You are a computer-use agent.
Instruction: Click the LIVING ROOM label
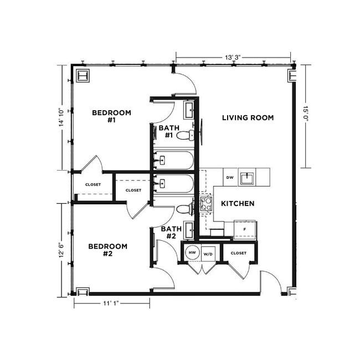pyautogui.click(x=248, y=117)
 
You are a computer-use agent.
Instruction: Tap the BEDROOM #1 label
pyautogui.click(x=111, y=117)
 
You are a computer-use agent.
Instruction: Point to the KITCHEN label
pyautogui.click(x=238, y=204)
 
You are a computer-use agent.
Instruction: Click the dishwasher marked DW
pyautogui.click(x=229, y=178)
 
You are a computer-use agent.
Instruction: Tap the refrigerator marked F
pyautogui.click(x=244, y=228)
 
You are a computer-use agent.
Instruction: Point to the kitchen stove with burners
pyautogui.click(x=206, y=204)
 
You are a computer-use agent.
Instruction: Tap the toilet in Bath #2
pyautogui.click(x=184, y=209)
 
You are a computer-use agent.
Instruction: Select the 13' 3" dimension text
pyautogui.click(x=233, y=57)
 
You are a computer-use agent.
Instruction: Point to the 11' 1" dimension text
pyautogui.click(x=111, y=302)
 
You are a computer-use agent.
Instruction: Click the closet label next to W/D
pyautogui.click(x=238, y=253)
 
